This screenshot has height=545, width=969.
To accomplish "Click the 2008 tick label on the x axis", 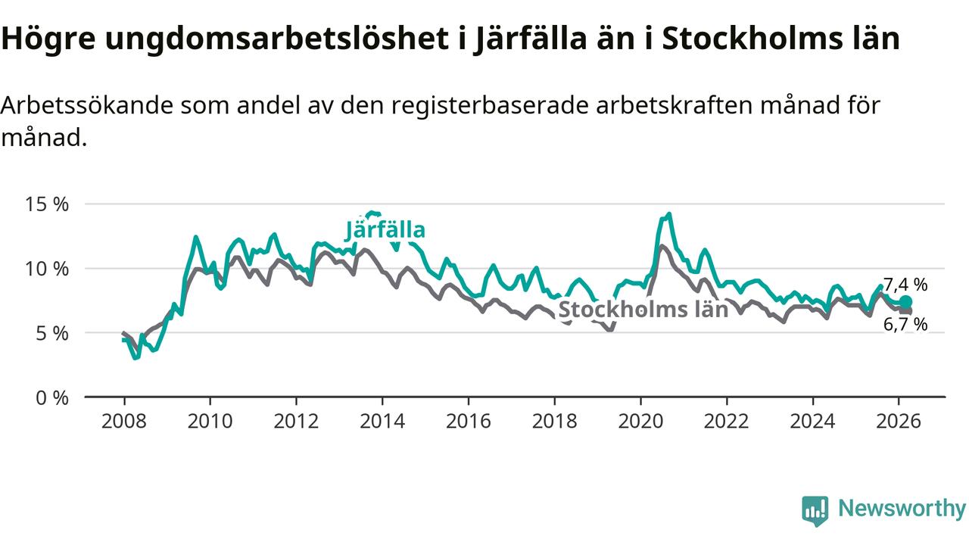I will tap(124, 420).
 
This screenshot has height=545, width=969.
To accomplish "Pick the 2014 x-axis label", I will tap(382, 420).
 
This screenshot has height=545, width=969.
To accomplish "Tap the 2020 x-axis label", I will tap(641, 420).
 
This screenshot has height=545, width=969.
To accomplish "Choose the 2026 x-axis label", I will tap(899, 420).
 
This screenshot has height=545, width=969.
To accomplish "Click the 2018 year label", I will tap(555, 420).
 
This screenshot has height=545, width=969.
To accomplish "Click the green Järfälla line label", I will tap(385, 229).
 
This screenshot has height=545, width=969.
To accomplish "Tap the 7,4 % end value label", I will tap(905, 285).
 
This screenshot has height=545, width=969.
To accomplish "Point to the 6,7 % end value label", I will tap(905, 325).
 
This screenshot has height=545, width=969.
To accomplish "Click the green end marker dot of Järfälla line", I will tap(905, 301).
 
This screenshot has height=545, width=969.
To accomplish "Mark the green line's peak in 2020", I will tap(668, 214).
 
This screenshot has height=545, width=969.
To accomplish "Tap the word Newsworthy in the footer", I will tap(902, 509).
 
